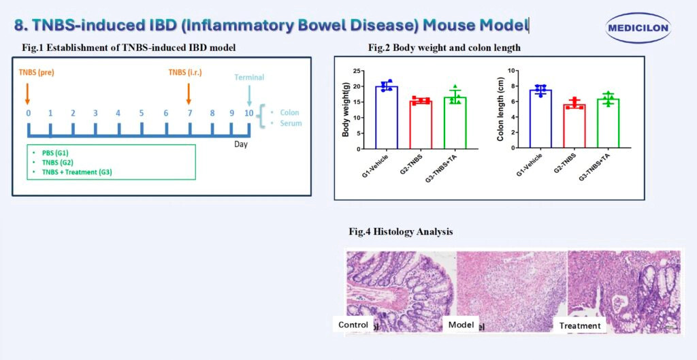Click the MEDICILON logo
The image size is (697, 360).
point(637,28)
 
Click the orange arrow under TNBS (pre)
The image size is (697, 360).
point(28,91)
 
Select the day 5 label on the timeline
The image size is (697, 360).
point(142,112)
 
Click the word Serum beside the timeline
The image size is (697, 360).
point(289,123)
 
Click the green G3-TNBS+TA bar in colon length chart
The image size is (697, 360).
point(607,122)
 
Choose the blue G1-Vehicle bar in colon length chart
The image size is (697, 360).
point(540,118)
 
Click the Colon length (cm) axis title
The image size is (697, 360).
point(500,109)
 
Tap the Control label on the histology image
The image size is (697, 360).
point(353,325)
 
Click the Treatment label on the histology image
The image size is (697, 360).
point(580,325)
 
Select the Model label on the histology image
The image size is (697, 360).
point(461,325)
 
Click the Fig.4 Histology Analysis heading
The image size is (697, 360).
point(400,232)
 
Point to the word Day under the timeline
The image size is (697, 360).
point(242,145)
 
